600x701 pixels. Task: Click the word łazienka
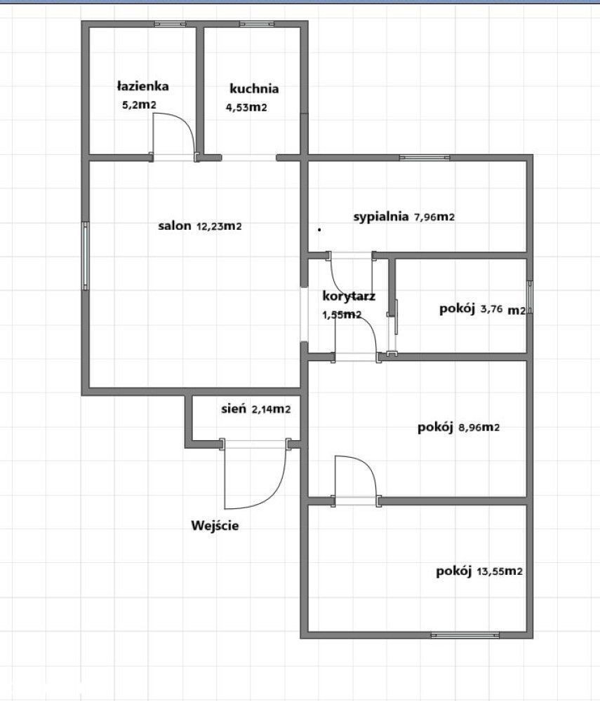(142, 86)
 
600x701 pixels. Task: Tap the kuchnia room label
(254, 88)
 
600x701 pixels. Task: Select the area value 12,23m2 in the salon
(219, 226)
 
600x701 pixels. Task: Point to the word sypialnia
(381, 217)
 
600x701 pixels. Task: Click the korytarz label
(349, 296)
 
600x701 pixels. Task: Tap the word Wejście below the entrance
(215, 525)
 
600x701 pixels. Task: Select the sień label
(234, 408)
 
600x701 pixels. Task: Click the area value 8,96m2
(479, 428)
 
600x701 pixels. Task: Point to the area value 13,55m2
(500, 571)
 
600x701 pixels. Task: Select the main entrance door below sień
(255, 475)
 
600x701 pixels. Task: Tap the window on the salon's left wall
(85, 256)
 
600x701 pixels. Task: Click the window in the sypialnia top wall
(425, 157)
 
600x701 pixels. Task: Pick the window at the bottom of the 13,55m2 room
(465, 635)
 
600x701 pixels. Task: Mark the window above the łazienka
(171, 24)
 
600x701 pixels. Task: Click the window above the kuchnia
(257, 24)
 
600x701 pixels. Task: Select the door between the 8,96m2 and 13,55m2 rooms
(356, 481)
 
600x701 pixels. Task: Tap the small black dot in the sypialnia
(319, 230)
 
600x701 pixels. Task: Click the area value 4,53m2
(246, 107)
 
